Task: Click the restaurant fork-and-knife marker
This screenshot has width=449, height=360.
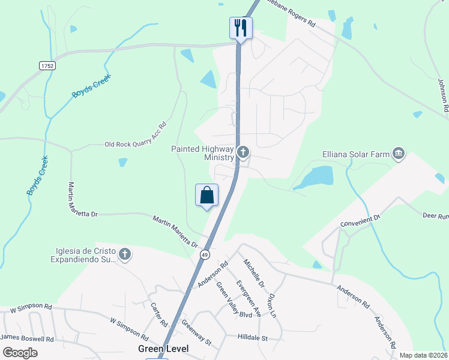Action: tap(241, 28)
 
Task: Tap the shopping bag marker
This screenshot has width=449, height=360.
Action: tap(206, 195)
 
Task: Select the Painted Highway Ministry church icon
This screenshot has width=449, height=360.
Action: tap(243, 152)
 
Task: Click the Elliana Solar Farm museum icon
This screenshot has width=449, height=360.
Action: tap(397, 154)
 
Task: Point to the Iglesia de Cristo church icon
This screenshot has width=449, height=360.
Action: tap(125, 254)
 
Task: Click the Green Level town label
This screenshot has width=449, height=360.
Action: tap(163, 349)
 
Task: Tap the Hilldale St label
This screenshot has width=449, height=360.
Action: tap(252, 338)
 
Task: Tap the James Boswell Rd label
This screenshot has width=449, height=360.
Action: tap(28, 339)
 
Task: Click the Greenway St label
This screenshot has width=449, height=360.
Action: tap(197, 335)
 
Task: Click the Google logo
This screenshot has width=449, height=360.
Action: tap(20, 353)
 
